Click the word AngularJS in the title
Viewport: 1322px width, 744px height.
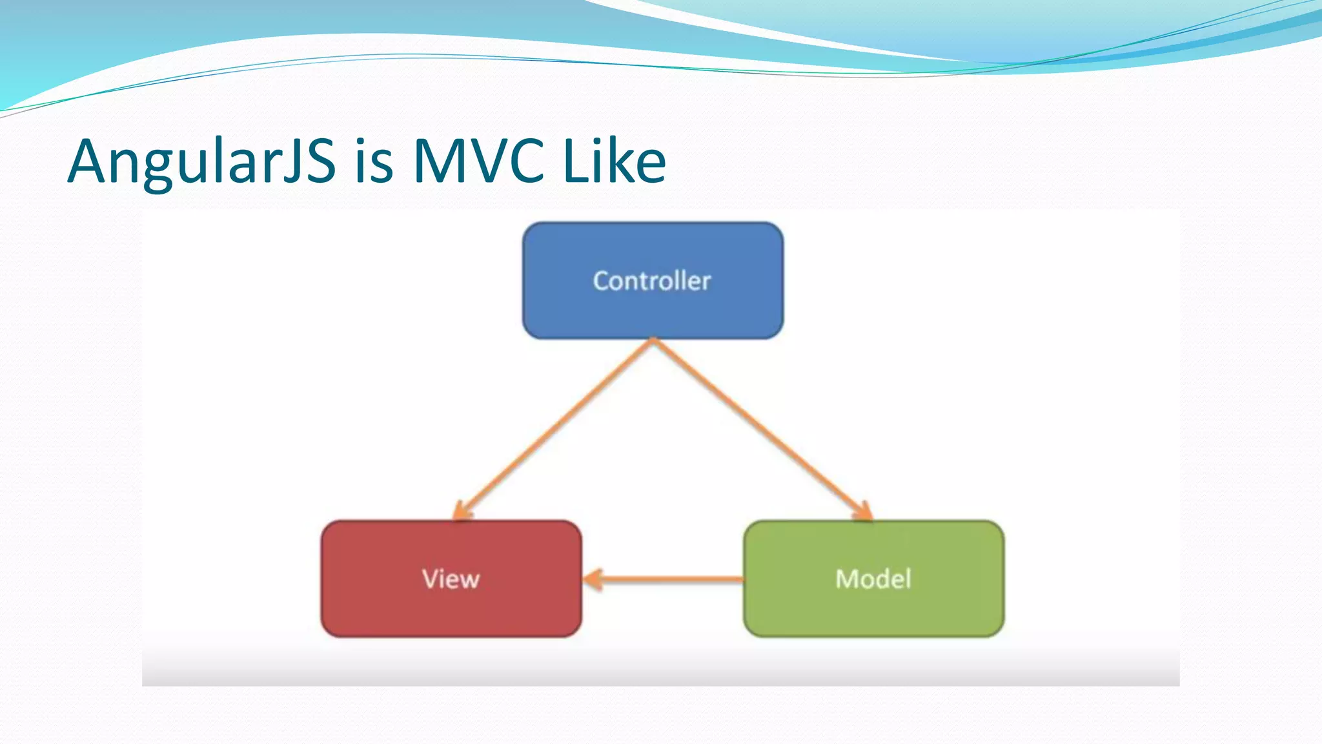(x=201, y=161)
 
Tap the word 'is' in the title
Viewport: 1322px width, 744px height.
(x=374, y=161)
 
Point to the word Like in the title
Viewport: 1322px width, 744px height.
(x=614, y=161)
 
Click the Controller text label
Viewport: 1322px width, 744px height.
(x=652, y=281)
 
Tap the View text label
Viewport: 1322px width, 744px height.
(x=451, y=579)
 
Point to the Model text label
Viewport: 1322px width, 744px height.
(x=873, y=579)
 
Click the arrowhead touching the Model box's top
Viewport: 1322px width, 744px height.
(x=864, y=512)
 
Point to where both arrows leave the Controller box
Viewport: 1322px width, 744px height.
(x=653, y=340)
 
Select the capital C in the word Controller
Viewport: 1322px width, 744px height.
(x=602, y=281)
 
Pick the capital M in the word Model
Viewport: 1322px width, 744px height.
(x=848, y=579)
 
